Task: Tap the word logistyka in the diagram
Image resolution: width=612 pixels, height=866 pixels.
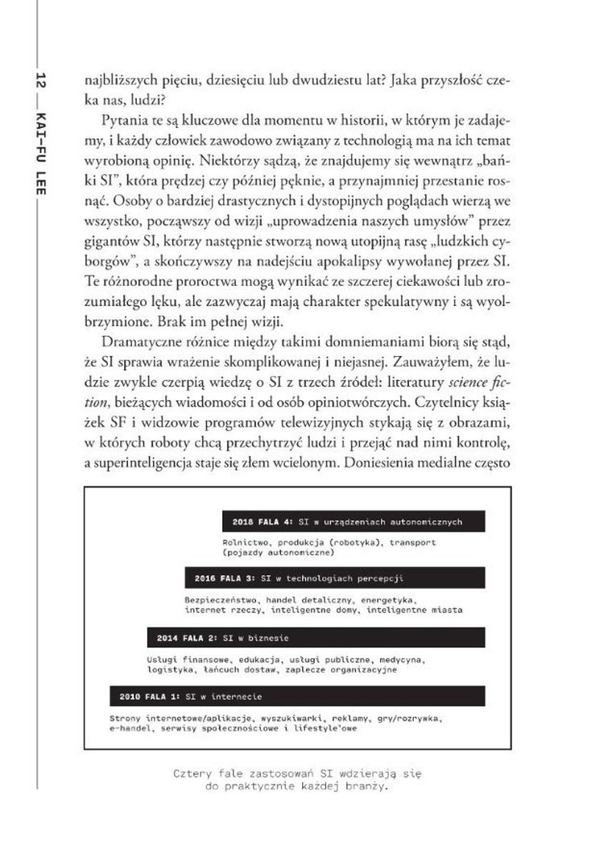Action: point(171,669)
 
